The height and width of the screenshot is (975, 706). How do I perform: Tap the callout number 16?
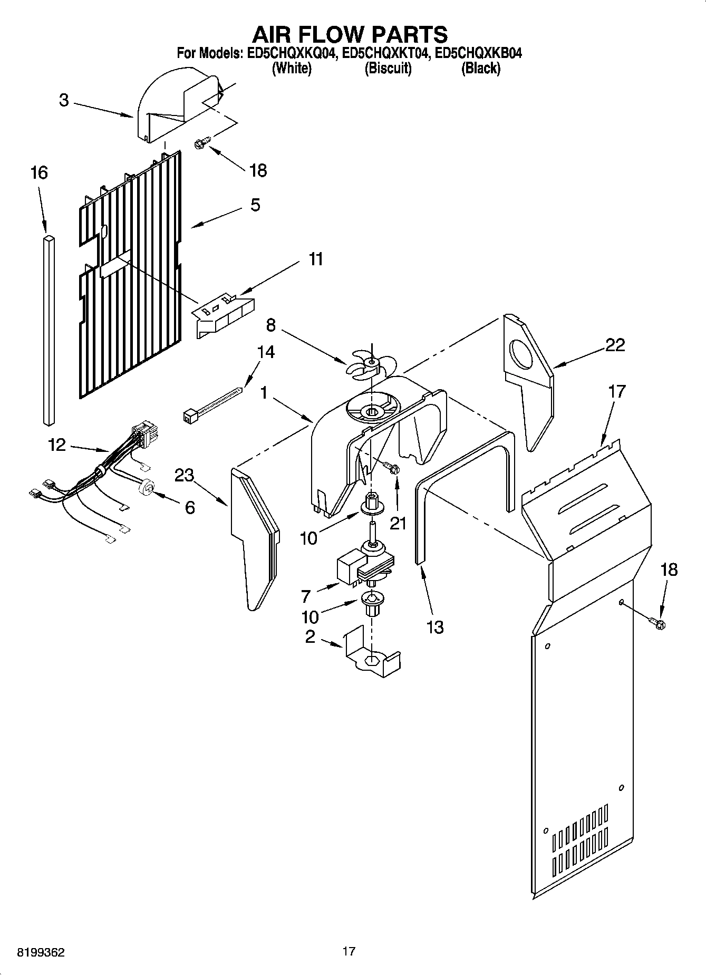click(x=39, y=172)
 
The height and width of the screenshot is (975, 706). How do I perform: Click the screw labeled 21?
click(x=392, y=468)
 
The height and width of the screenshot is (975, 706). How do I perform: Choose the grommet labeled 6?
click(x=147, y=487)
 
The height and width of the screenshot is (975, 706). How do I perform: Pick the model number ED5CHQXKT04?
click(x=383, y=53)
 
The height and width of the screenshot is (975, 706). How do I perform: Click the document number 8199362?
click(x=41, y=952)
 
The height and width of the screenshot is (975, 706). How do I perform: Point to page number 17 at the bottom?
click(x=349, y=951)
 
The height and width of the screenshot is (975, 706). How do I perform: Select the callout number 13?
click(x=434, y=627)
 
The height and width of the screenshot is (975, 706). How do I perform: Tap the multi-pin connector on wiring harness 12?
click(x=147, y=436)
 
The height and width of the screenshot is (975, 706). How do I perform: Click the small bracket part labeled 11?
click(x=221, y=315)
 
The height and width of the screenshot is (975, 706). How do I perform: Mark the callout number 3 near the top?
click(x=64, y=100)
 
